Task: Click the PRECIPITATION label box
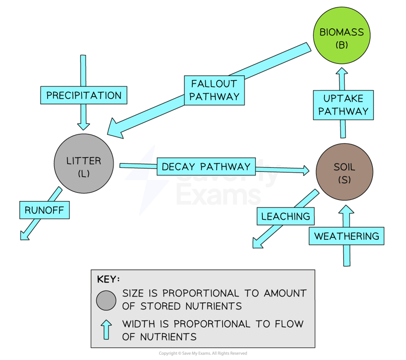pos(84,95)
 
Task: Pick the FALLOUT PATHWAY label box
pos(214,90)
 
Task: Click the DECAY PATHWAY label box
pos(206,167)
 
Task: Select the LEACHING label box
pos(286,216)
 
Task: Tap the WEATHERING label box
pos(346,236)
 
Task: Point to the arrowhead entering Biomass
pos(342,71)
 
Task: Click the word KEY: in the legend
pos(108,280)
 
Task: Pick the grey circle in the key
pos(106,301)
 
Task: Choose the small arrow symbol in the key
pos(106,329)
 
